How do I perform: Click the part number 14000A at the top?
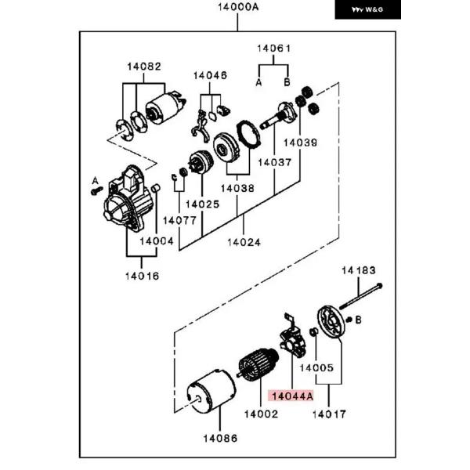coord(238,7)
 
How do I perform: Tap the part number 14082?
coord(144,67)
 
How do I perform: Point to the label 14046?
coord(210,75)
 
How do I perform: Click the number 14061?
coord(273,49)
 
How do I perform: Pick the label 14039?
coord(300,143)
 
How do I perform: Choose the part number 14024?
coord(244,242)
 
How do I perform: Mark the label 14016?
coord(142,276)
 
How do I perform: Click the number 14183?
coord(359,270)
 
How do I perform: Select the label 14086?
coord(220,438)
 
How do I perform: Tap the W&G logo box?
coord(368,9)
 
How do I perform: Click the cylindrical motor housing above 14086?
coord(211,391)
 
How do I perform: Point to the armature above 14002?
coord(258,365)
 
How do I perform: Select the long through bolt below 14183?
coord(360,296)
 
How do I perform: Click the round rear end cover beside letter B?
coord(331,322)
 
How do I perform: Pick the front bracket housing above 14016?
coord(128,198)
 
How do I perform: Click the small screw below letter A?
coord(97,190)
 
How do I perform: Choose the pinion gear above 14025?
coord(201,162)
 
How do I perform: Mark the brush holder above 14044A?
coord(292,337)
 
